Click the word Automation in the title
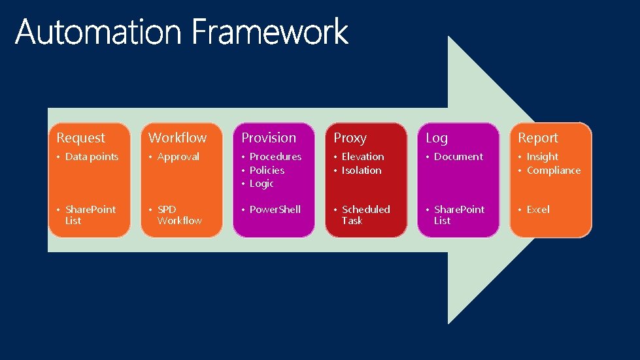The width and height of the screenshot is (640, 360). point(99,32)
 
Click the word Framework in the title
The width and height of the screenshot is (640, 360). point(270,32)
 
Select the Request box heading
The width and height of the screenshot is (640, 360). point(80,138)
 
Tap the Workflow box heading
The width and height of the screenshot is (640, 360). point(177,138)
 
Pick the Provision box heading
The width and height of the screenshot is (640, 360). point(269,138)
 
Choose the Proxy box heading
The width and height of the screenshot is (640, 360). point(350,138)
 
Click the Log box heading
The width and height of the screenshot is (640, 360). point(437,138)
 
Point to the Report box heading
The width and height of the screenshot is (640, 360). point(538,138)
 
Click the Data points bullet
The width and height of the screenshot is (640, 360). point(92,157)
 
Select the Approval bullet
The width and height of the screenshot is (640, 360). point(178,157)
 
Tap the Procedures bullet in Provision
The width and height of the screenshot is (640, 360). point(275,157)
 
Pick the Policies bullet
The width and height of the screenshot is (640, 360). point(267,171)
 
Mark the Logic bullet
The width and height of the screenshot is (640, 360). point(261,184)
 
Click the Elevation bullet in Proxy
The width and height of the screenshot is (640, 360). point(363,157)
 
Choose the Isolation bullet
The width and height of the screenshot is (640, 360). point(362,171)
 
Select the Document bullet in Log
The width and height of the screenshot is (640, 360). point(458,157)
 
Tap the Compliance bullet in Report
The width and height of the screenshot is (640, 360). point(553,171)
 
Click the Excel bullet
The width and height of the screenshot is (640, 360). point(538,210)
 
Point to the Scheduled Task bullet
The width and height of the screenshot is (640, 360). point(365,215)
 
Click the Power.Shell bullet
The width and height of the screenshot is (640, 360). point(275,210)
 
